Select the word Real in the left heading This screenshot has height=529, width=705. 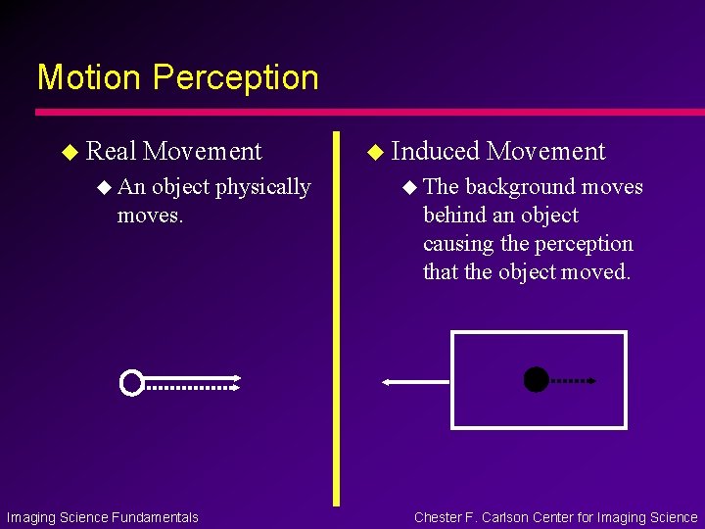[x=111, y=151]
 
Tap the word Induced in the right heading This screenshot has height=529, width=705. [x=435, y=151]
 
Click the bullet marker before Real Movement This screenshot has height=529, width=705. [x=70, y=152]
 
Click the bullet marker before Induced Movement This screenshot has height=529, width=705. [x=375, y=152]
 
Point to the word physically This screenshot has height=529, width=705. [x=262, y=187]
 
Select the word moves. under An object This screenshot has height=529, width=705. [x=150, y=215]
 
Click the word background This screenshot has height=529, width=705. [x=520, y=187]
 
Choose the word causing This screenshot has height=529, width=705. [x=456, y=244]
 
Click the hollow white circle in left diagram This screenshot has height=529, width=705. [x=131, y=382]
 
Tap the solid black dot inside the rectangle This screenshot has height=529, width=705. [x=536, y=380]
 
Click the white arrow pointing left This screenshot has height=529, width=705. [x=415, y=382]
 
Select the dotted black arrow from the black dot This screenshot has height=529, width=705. [x=574, y=380]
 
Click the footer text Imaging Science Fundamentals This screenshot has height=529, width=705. [x=103, y=517]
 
